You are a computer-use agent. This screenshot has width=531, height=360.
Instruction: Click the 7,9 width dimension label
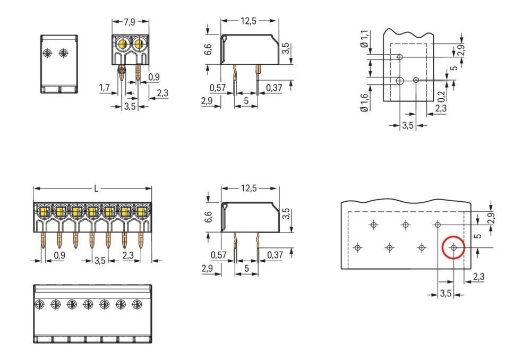(x=130, y=22)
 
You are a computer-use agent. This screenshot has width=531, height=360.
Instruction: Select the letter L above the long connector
(x=96, y=188)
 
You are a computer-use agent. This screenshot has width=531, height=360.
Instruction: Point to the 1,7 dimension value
(x=105, y=87)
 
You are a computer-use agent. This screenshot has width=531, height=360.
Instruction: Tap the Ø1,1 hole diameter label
(x=364, y=39)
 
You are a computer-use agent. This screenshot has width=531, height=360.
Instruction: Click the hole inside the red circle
(x=453, y=248)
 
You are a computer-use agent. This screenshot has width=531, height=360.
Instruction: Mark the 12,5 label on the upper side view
(x=249, y=22)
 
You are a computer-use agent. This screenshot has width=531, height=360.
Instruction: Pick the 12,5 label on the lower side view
(x=249, y=188)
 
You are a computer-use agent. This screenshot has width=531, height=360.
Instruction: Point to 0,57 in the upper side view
(x=218, y=87)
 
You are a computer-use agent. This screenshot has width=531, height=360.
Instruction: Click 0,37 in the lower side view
(x=275, y=255)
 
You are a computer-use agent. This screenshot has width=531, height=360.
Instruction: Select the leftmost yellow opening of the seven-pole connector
(x=44, y=212)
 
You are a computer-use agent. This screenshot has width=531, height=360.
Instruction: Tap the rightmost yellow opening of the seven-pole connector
(x=142, y=212)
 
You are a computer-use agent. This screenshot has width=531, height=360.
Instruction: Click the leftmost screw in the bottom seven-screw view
(x=39, y=304)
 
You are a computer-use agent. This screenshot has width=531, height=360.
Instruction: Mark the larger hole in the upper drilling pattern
(x=400, y=81)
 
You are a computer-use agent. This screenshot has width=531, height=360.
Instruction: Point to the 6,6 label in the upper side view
(x=209, y=49)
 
